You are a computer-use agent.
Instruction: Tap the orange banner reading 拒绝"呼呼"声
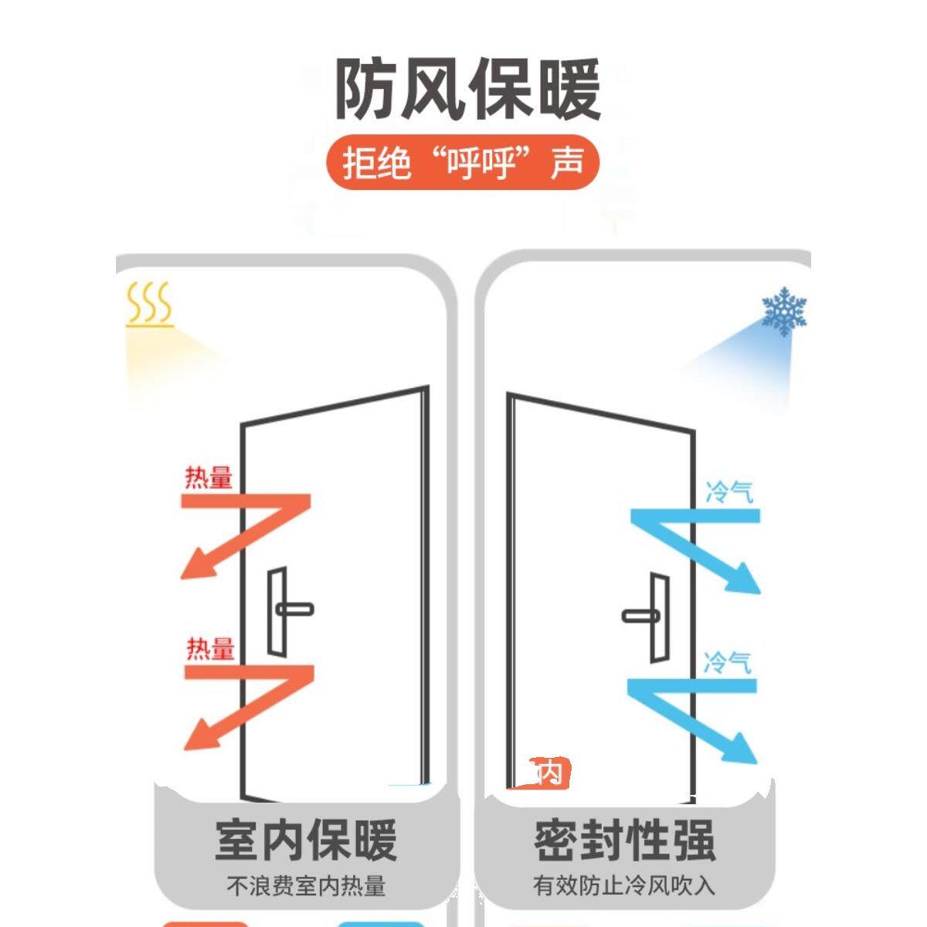coord(463,163)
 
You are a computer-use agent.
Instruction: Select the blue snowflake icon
coord(784,311)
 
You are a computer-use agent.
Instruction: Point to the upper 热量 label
coord(208,477)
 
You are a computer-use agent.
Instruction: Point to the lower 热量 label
coord(209,648)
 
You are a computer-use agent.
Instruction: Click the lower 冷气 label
coord(727,662)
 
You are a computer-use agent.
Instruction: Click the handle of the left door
coord(294,610)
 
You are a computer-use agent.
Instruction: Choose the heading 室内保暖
coord(306,840)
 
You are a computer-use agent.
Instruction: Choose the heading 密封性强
coord(624,840)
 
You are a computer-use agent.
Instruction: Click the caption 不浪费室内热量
coord(306,885)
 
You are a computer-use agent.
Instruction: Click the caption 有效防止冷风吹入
coord(624,885)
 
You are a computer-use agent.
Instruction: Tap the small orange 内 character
coord(550,772)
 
